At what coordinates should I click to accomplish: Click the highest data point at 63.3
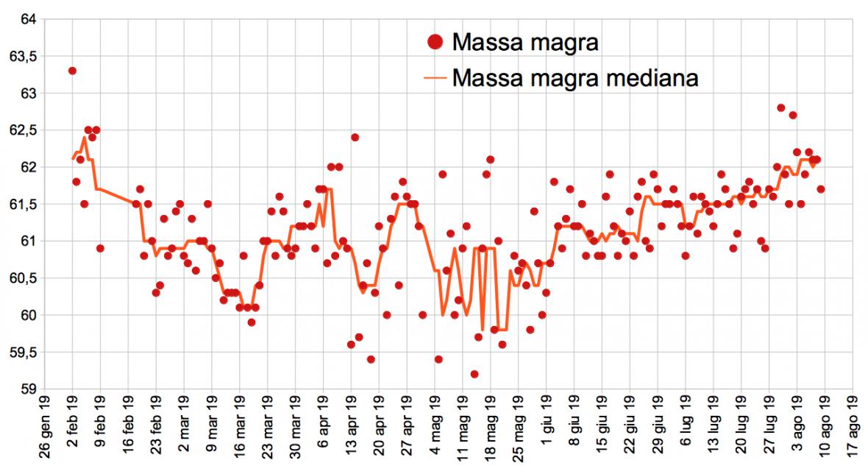click(x=72, y=71)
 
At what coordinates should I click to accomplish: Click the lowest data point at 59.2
click(x=474, y=374)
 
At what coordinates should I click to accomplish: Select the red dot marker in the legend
click(x=435, y=43)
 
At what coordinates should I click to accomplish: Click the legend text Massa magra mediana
click(x=574, y=77)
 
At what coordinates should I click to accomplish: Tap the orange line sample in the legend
click(x=435, y=77)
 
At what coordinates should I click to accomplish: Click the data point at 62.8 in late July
click(x=781, y=108)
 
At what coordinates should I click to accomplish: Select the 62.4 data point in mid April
click(x=355, y=138)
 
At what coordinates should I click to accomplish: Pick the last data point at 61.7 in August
click(x=821, y=189)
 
